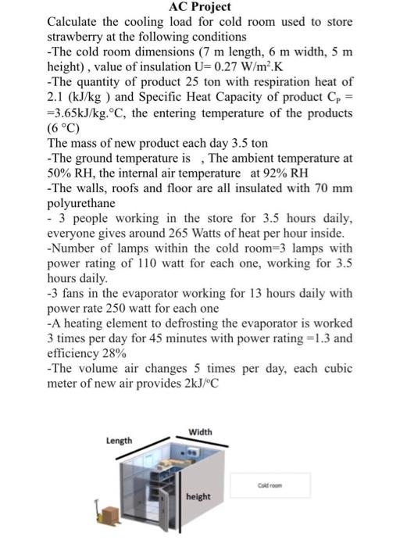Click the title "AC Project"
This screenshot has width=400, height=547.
199,8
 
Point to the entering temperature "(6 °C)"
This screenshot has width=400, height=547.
65,128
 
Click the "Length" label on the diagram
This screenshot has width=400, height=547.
120,441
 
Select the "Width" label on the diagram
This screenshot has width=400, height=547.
200,432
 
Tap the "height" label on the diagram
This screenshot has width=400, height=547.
198,496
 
